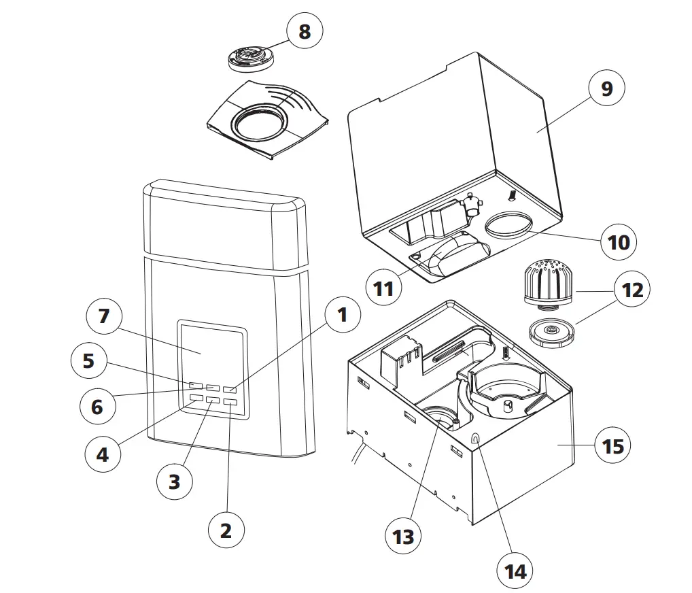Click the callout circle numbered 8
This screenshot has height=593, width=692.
pyautogui.click(x=305, y=31)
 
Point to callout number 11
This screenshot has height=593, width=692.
pyautogui.click(x=384, y=288)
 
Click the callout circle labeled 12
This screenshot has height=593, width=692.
pyautogui.click(x=632, y=290)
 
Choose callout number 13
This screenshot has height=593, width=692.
pyautogui.click(x=404, y=536)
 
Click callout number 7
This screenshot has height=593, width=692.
pyautogui.click(x=104, y=316)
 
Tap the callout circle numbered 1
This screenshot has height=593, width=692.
pyautogui.click(x=342, y=314)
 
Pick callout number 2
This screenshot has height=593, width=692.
pyautogui.click(x=226, y=529)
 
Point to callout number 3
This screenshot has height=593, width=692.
pyautogui.click(x=175, y=481)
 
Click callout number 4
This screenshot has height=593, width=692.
pyautogui.click(x=103, y=454)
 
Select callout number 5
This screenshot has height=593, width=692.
pyautogui.click(x=88, y=360)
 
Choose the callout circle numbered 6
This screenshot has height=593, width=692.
pyautogui.click(x=97, y=406)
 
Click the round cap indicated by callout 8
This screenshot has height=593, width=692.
pyautogui.click(x=252, y=58)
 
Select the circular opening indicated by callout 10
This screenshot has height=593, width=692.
pyautogui.click(x=510, y=224)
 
